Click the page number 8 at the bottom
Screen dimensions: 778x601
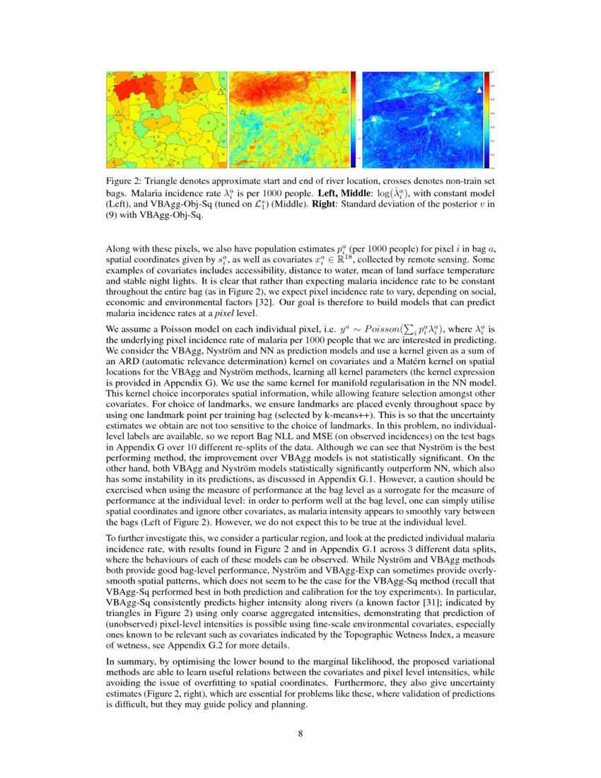[300, 733]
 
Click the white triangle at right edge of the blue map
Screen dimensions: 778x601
[479, 91]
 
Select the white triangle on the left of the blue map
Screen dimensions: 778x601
[374, 119]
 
